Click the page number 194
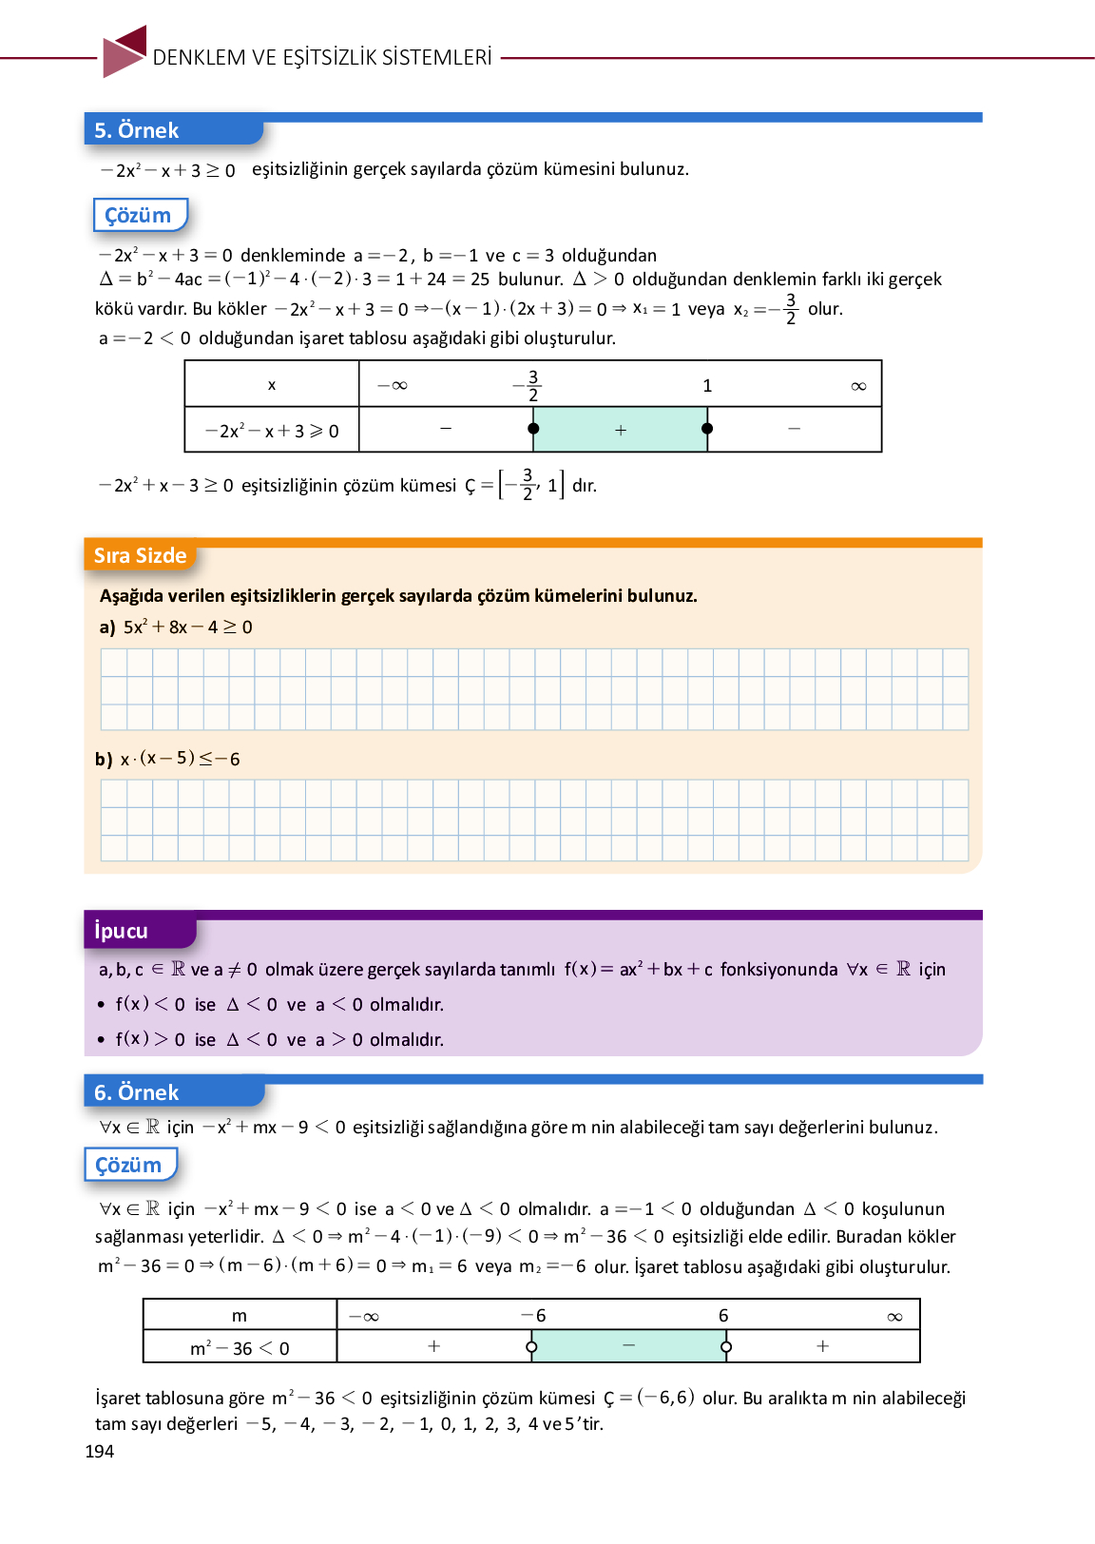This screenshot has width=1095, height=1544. click(x=100, y=1451)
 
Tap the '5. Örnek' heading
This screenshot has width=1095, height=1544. click(x=137, y=130)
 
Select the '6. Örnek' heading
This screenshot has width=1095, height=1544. click(x=137, y=1092)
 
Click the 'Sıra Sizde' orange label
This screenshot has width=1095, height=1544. click(x=140, y=555)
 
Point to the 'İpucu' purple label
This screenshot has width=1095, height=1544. click(x=121, y=931)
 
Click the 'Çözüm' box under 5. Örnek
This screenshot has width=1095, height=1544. click(x=139, y=215)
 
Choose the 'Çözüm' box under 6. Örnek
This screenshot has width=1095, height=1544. click(x=129, y=1165)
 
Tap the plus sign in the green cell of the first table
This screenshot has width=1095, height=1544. click(x=621, y=430)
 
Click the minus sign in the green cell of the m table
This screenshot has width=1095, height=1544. click(x=628, y=1345)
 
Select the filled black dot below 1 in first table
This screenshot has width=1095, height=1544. click(x=707, y=429)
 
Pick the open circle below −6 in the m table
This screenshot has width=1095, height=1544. click(x=531, y=1346)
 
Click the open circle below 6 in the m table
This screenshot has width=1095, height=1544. click(x=726, y=1346)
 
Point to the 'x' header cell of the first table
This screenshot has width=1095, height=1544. click(x=272, y=385)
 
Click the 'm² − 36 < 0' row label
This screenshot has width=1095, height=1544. click(x=240, y=1348)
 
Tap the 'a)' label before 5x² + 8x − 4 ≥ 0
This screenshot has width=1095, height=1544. click(x=107, y=627)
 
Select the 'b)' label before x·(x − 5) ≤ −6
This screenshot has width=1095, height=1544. click(x=104, y=759)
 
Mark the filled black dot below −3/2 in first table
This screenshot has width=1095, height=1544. click(x=533, y=429)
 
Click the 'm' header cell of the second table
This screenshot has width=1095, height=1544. click(x=240, y=1316)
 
